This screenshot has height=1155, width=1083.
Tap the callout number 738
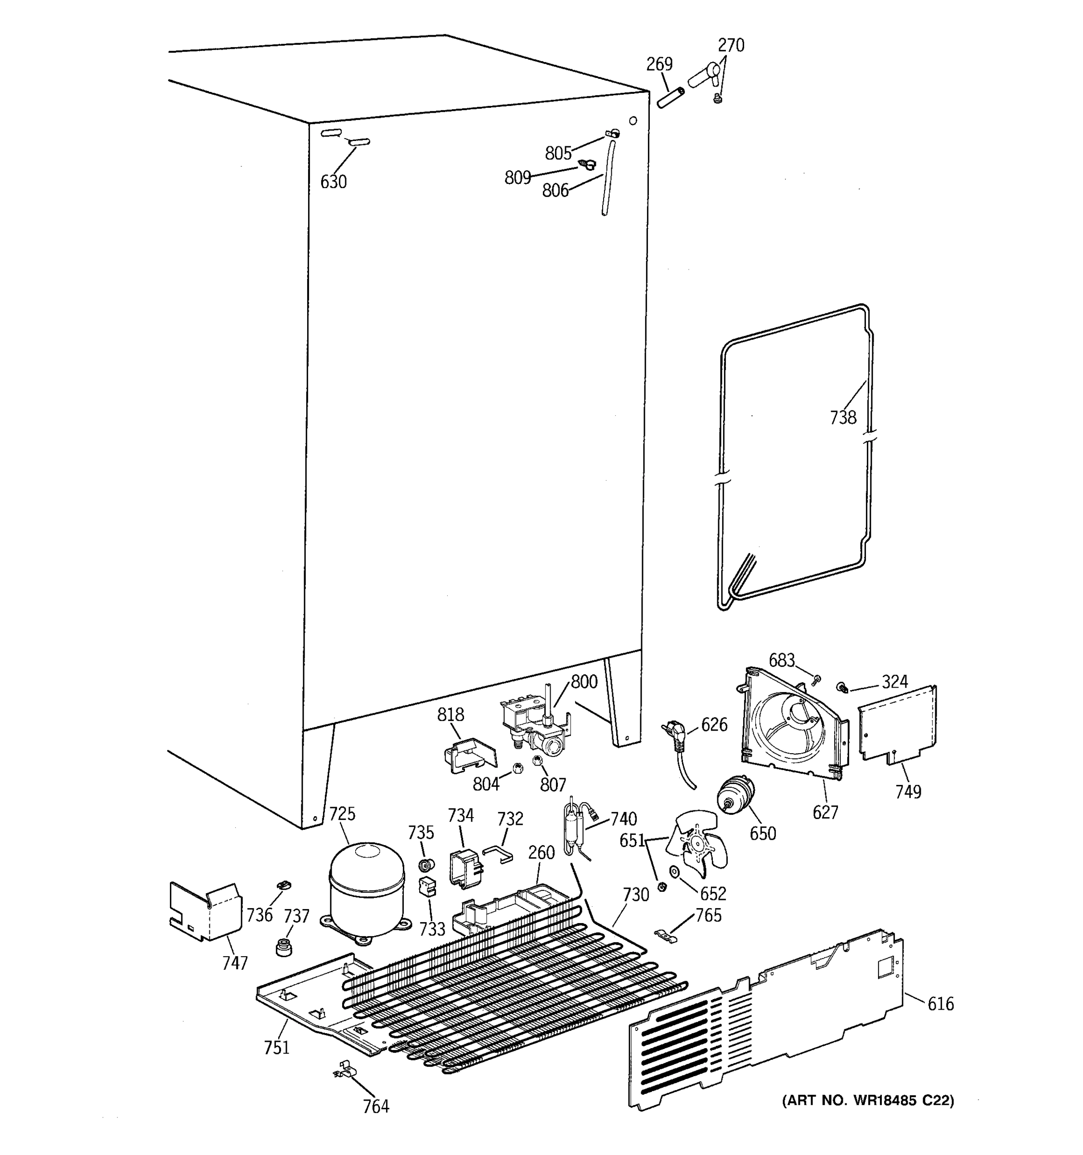click(x=842, y=417)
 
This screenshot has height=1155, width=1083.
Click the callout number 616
click(x=941, y=1003)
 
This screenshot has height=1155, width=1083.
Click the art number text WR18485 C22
click(x=868, y=1101)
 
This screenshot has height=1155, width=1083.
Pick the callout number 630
click(x=334, y=182)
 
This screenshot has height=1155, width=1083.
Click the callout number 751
click(x=277, y=1048)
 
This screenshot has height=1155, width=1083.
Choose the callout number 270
click(x=731, y=45)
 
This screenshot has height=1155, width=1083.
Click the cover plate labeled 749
click(x=898, y=724)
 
